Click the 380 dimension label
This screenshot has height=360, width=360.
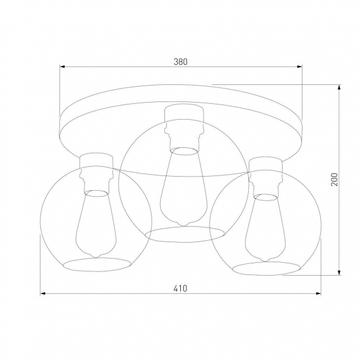pos(180,61)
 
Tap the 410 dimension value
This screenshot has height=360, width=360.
pos(180,288)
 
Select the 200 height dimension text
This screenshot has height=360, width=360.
pos(334,178)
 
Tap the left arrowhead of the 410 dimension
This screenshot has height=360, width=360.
pos(43,294)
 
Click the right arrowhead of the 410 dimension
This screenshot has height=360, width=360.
pos(320,294)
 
